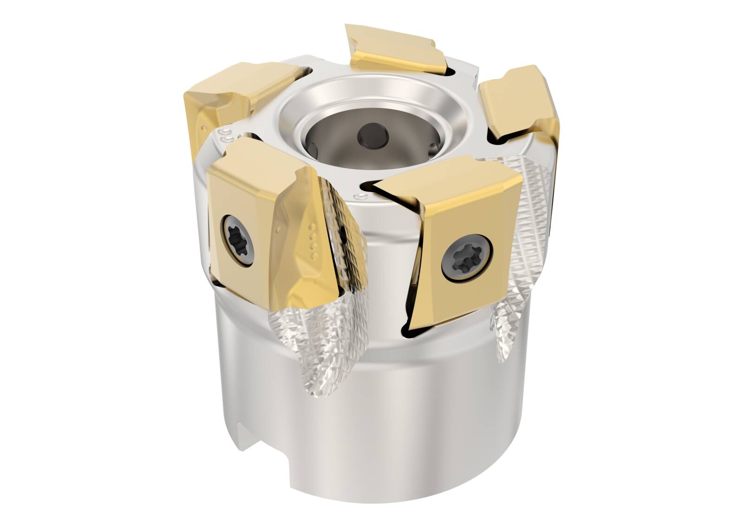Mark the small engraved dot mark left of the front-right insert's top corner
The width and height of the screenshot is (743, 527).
tap(358, 197)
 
